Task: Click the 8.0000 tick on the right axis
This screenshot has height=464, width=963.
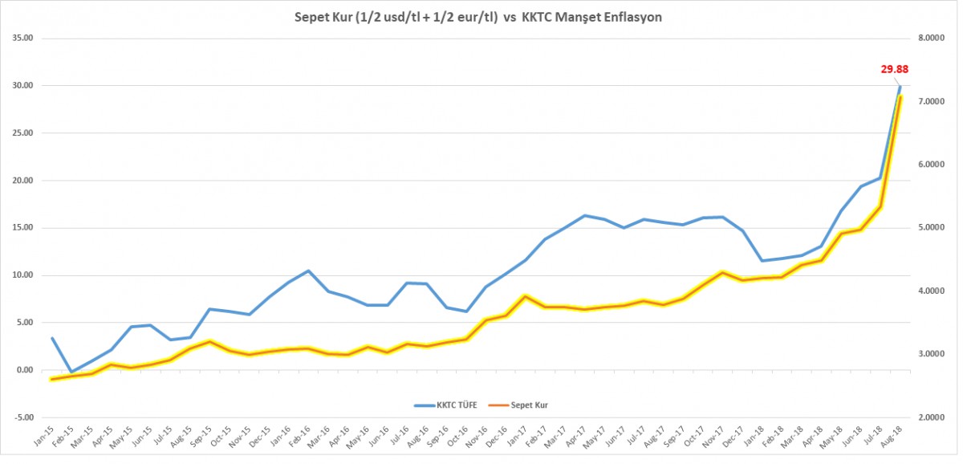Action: [933, 39]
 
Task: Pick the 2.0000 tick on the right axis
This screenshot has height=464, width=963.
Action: [933, 417]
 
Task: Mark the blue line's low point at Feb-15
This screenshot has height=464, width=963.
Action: [71, 372]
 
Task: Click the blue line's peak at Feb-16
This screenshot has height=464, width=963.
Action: [308, 271]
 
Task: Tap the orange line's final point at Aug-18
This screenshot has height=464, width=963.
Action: [900, 97]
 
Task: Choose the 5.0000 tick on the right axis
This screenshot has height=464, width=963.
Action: [933, 228]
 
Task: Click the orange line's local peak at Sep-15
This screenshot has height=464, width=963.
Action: [209, 342]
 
